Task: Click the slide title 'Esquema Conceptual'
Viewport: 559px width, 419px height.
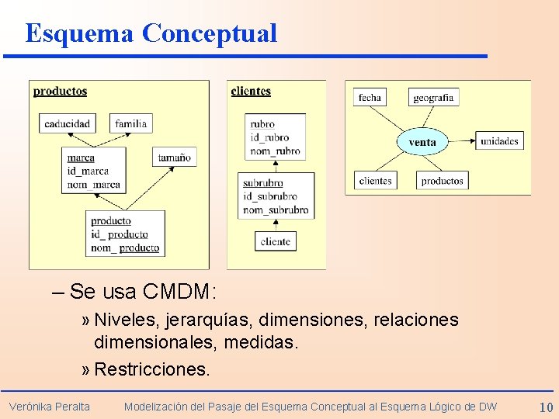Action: (151, 33)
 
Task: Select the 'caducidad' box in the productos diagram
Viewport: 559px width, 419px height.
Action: (67, 123)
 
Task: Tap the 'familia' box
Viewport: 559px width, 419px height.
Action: (130, 123)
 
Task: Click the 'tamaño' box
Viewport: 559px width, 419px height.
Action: (174, 157)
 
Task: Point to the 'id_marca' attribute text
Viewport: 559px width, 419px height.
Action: (88, 171)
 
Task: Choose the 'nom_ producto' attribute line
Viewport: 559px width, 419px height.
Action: (125, 248)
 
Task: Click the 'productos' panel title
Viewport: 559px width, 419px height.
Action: (60, 92)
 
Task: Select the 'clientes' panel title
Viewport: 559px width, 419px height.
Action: (251, 92)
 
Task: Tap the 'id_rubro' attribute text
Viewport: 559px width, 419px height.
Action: (269, 137)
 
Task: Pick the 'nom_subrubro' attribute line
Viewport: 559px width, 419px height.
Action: (276, 210)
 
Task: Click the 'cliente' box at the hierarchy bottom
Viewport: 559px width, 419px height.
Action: (276, 241)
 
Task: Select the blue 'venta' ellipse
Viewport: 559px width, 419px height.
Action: (422, 141)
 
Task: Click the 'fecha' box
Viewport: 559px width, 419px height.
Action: (370, 98)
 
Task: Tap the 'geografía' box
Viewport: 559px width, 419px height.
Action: (433, 98)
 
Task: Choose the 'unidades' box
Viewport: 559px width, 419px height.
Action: (499, 140)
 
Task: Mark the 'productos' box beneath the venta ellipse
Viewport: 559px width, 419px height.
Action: (442, 181)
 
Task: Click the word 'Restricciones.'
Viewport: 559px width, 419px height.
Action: (152, 369)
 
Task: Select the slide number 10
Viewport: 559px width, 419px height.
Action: (546, 407)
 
